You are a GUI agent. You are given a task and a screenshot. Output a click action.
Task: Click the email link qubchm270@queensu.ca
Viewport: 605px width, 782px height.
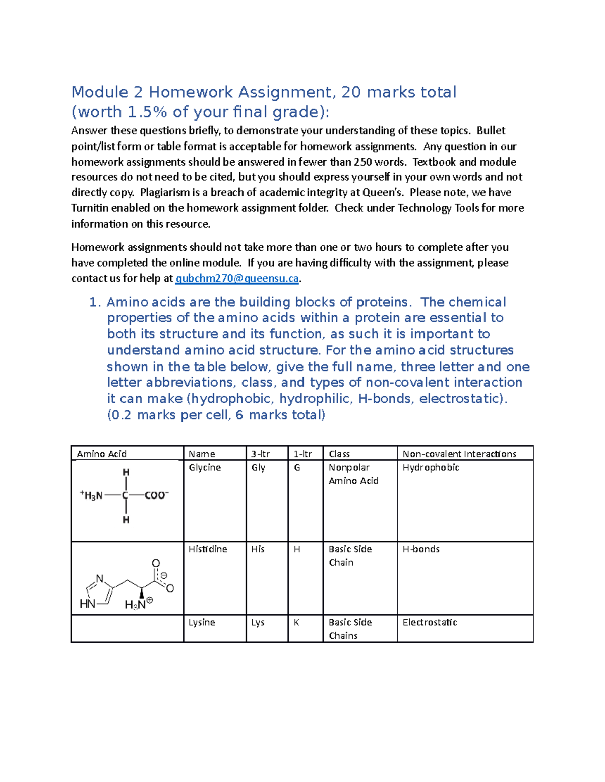(x=237, y=278)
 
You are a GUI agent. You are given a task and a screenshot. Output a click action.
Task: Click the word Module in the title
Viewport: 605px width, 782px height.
(x=99, y=92)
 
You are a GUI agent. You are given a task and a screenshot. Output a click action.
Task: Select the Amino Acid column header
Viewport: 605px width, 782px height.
(x=101, y=454)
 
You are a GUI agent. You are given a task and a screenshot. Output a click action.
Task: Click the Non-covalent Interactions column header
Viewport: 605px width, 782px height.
(x=459, y=454)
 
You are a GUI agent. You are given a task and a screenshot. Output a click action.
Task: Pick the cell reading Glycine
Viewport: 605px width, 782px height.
(x=205, y=467)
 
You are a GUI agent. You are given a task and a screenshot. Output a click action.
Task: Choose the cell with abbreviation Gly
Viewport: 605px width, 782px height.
(x=258, y=467)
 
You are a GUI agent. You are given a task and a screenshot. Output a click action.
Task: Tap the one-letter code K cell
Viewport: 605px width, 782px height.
(x=296, y=623)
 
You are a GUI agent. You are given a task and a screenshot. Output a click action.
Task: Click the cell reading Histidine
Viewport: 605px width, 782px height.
(x=208, y=549)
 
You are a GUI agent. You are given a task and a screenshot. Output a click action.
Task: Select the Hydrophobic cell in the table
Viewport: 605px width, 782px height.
(x=431, y=467)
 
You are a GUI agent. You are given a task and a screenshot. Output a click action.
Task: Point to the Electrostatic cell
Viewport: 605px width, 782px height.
(x=430, y=622)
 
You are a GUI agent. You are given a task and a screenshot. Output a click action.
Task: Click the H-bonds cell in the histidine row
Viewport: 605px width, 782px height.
(x=421, y=549)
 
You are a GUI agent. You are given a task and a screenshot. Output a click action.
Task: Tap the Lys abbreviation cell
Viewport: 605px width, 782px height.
(x=258, y=623)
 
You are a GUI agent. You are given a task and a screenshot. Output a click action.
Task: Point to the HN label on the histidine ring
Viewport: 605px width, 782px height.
(x=87, y=604)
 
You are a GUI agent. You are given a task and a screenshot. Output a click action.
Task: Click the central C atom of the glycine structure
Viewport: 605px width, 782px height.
(x=125, y=495)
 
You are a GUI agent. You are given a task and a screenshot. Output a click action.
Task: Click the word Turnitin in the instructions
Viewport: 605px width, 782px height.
(x=89, y=208)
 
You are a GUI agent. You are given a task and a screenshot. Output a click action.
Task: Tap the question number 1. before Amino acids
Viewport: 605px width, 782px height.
(x=95, y=302)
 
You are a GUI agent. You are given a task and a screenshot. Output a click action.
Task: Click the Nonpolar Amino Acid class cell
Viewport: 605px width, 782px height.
(x=353, y=474)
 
